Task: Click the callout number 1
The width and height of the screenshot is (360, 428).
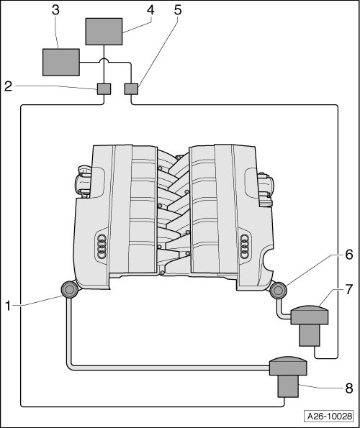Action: (x=8, y=306)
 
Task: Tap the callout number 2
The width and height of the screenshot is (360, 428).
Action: (x=8, y=86)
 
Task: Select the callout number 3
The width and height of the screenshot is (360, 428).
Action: (x=55, y=10)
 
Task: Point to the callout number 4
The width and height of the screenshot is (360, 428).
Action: (x=150, y=10)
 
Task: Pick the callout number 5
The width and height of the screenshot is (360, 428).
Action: (x=178, y=10)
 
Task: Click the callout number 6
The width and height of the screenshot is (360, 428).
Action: (x=349, y=255)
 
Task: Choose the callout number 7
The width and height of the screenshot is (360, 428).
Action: (x=349, y=289)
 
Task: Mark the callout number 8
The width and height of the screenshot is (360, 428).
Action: (x=349, y=388)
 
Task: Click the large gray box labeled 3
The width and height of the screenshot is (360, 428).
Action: (x=61, y=63)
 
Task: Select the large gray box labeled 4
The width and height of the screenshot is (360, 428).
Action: (x=104, y=32)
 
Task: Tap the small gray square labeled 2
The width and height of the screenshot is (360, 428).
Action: (x=104, y=89)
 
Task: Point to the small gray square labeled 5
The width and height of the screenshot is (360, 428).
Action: (x=131, y=89)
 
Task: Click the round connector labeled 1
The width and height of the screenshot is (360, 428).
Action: (x=69, y=290)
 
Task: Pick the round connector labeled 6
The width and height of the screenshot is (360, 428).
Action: (x=278, y=291)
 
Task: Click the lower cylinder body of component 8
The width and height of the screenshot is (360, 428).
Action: (x=288, y=386)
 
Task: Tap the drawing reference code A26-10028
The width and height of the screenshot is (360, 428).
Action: (x=330, y=416)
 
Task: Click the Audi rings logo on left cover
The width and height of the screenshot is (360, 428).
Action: (x=102, y=246)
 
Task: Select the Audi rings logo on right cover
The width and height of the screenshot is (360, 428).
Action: (x=245, y=246)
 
